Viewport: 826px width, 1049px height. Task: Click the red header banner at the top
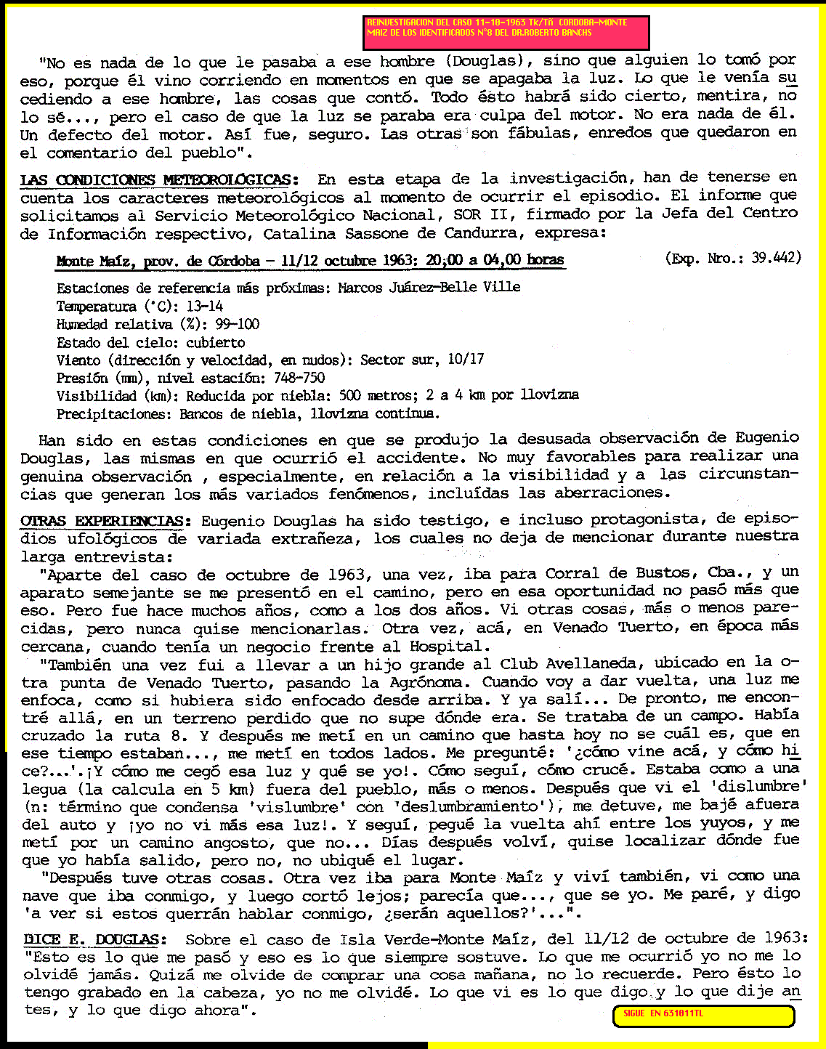[x=506, y=33]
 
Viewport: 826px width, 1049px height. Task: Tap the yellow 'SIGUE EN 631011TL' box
[x=703, y=1015]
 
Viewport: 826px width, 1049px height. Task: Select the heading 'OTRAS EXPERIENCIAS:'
[x=105, y=521]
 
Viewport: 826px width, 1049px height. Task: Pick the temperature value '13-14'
[x=204, y=307]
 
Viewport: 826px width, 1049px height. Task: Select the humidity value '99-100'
[x=237, y=324]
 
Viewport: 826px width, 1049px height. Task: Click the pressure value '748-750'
[x=299, y=378]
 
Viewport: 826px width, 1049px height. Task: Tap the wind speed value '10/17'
[x=466, y=360]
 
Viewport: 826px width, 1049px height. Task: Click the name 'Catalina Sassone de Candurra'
[x=429, y=234]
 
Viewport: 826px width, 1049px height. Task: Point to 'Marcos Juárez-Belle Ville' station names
[x=429, y=287]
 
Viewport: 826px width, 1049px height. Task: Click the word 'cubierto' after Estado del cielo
[x=216, y=342]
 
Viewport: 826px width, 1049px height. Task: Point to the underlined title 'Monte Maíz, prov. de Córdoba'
[x=158, y=261]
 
